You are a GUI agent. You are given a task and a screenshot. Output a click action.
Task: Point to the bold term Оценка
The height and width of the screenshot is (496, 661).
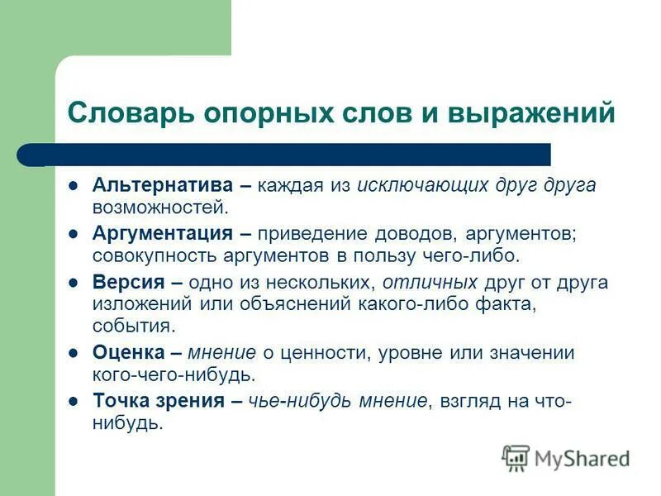point(126,353)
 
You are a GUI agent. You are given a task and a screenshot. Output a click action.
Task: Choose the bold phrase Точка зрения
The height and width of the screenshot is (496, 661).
point(158,401)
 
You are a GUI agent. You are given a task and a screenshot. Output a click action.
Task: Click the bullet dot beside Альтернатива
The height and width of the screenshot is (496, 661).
point(74,185)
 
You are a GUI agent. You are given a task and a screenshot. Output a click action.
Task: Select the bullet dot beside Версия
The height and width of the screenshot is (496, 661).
point(74,282)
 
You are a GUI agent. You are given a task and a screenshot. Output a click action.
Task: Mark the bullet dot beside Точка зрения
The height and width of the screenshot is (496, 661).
point(74,401)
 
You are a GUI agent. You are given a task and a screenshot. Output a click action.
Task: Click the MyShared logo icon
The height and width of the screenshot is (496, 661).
point(516,458)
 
